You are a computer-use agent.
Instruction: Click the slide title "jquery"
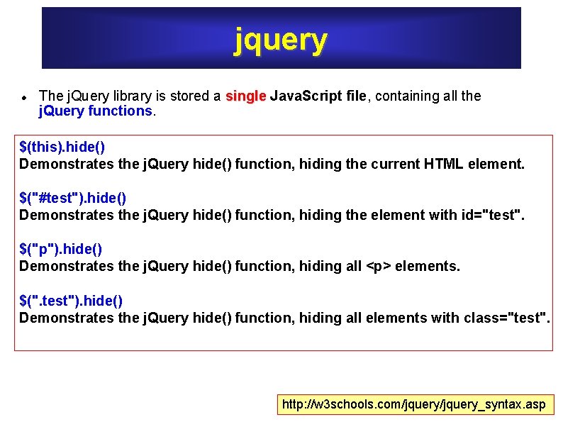pyautogui.click(x=281, y=40)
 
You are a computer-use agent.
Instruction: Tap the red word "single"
pyautogui.click(x=245, y=96)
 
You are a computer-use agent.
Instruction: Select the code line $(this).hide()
pyautogui.click(x=62, y=147)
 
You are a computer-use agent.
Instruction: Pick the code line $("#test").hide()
pyautogui.click(x=73, y=198)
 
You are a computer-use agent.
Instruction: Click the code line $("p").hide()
pyautogui.click(x=61, y=249)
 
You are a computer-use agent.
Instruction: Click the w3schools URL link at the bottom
pyautogui.click(x=414, y=404)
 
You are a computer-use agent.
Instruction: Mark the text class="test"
pyautogui.click(x=506, y=318)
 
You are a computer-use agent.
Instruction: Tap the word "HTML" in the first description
pyautogui.click(x=444, y=164)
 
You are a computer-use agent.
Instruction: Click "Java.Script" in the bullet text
pyautogui.click(x=306, y=96)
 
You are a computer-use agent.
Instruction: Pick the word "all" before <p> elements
pyautogui.click(x=349, y=266)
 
